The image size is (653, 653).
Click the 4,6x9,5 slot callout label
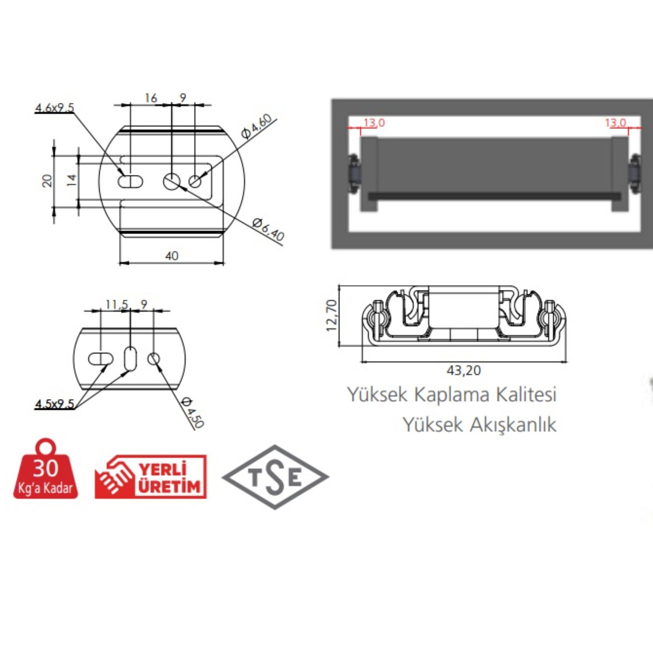click(55, 108)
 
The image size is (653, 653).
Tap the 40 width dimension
click(172, 256)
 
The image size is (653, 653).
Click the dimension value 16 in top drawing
click(151, 98)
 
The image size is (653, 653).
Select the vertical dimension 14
click(72, 180)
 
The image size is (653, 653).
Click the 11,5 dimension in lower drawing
click(117, 305)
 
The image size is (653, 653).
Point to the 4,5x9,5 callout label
click(55, 404)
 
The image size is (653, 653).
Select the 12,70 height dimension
click(332, 315)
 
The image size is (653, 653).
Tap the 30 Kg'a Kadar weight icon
click(46, 471)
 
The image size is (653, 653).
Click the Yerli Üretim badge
click(151, 477)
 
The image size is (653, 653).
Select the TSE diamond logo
click(275, 477)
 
